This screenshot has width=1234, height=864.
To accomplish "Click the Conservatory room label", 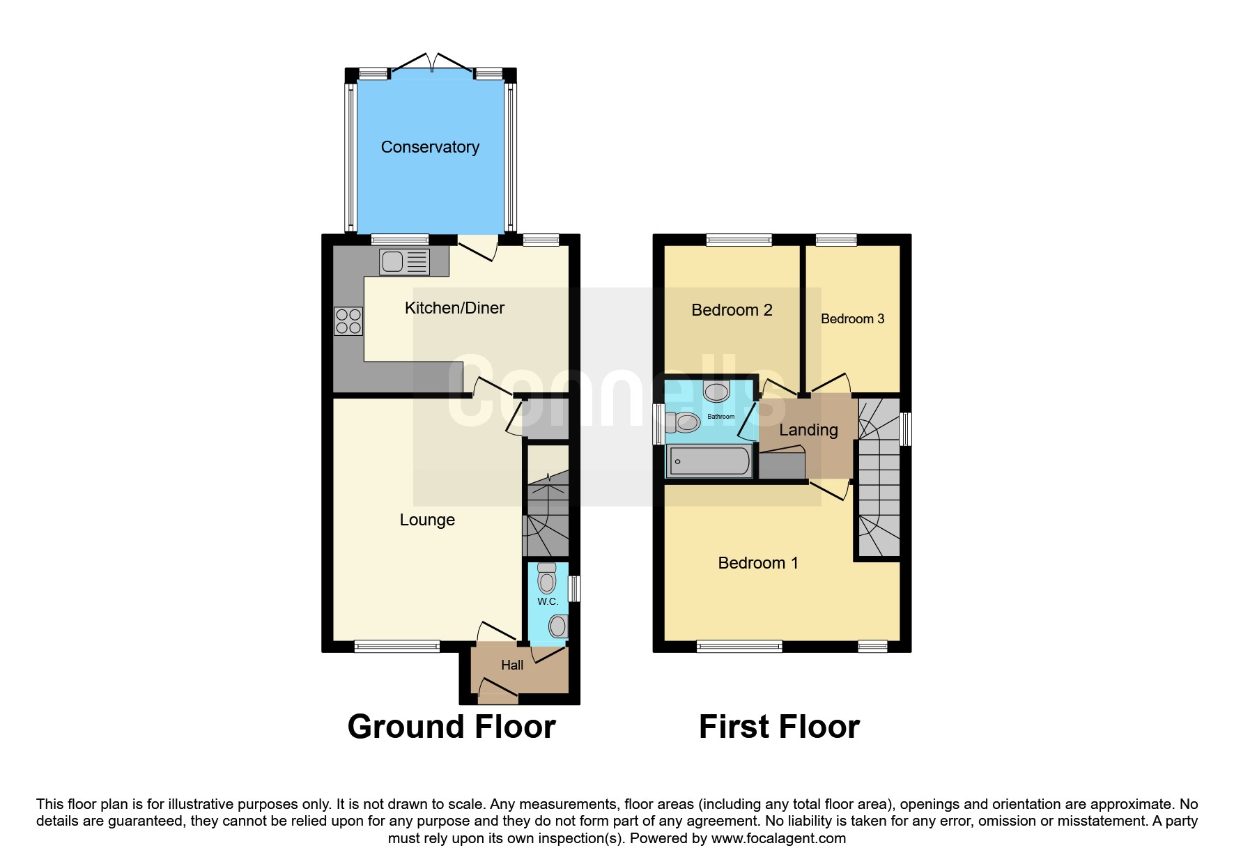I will coord(430,147).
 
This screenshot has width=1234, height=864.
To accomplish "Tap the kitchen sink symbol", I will coord(404,262).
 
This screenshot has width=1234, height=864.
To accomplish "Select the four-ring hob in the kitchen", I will coord(348,321).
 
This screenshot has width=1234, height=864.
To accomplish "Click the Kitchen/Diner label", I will coord(454,308).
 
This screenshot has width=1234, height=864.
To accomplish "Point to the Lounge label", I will coord(427,520).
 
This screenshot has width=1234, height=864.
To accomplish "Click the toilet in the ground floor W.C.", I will coord(547,578).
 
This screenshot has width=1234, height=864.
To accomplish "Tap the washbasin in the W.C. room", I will coord(557,626).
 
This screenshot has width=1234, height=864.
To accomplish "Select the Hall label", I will coord(512,665).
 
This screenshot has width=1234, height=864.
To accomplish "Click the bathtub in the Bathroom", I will coord(709,461).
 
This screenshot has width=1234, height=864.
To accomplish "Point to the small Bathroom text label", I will coord(720,417).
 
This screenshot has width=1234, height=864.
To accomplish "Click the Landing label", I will coord(808,430).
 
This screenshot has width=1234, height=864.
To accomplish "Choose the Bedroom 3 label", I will coord(852,319).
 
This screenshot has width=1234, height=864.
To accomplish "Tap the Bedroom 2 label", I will coord(732,310).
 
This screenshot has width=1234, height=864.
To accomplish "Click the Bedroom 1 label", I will coord(758,563).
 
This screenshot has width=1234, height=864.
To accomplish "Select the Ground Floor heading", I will coord(452,727).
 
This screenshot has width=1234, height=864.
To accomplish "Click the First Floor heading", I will coord(779,727).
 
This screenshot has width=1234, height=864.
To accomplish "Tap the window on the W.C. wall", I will coord(574,588).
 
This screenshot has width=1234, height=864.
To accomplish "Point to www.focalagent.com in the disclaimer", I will coord(778,838).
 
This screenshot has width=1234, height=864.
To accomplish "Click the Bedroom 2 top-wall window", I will coord(739,240).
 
